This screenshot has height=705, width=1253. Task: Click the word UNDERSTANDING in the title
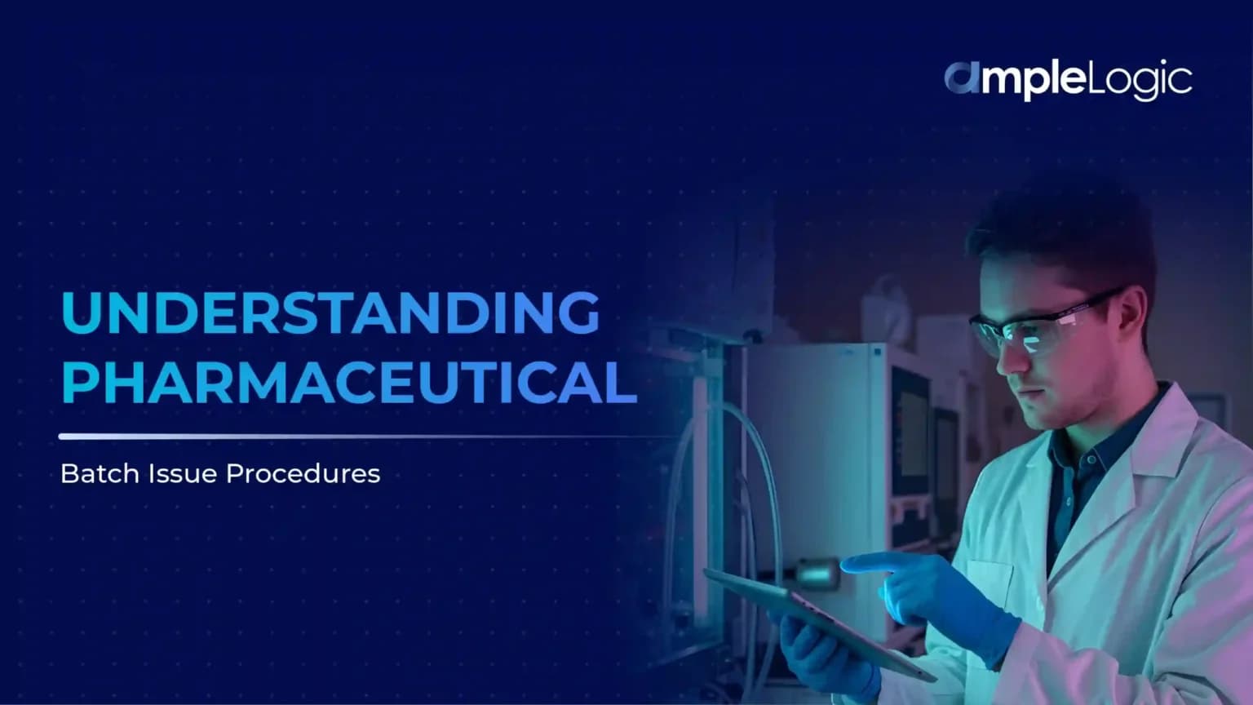(x=330, y=313)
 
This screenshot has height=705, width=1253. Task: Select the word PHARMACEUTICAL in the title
(x=348, y=383)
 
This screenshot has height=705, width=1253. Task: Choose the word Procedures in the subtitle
(x=303, y=474)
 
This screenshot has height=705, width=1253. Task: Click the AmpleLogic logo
(x=1068, y=80)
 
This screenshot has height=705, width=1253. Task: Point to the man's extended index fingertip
(x=848, y=563)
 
